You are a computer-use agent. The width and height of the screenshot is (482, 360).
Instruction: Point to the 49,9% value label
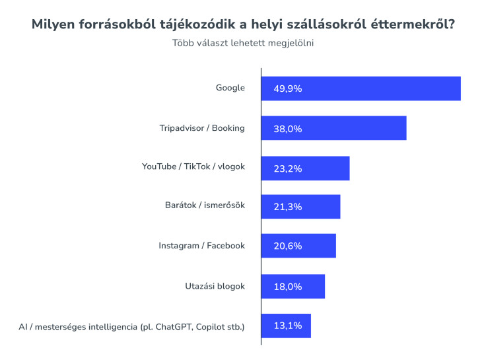coord(287,89)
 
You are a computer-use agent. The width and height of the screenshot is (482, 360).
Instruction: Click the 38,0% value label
coord(287,128)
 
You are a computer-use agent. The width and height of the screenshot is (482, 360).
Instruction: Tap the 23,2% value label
coord(287,168)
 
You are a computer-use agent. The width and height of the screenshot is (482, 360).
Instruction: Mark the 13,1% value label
coord(287,326)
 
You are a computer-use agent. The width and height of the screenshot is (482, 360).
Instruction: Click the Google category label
coord(230,88)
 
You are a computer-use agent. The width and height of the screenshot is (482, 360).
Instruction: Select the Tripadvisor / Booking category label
coord(202,127)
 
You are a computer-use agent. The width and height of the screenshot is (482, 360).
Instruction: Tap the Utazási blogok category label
coord(215,286)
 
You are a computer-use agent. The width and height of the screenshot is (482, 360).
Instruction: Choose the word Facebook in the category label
coord(226,246)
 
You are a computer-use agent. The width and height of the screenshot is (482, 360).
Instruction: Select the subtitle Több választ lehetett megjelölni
coord(242,44)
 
